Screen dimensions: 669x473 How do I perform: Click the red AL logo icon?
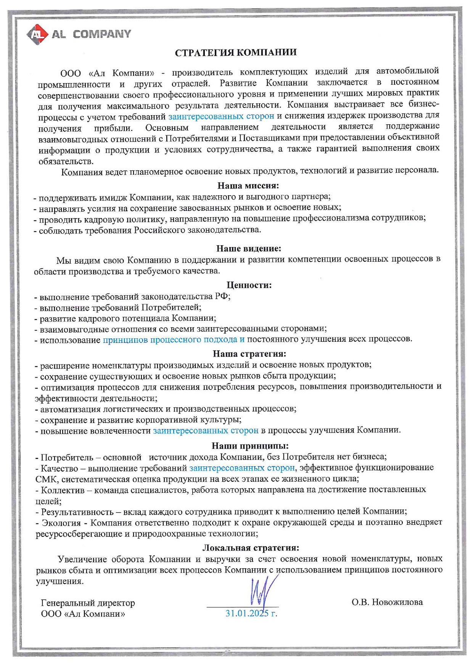[x=37, y=34]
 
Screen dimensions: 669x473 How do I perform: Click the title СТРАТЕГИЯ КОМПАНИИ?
[x=236, y=53]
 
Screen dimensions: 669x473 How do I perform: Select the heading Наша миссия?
[x=248, y=186]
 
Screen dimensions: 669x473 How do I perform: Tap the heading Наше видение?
[x=249, y=249]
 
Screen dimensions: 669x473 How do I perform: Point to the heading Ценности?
[x=249, y=285]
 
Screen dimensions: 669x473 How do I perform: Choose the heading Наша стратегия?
[x=249, y=354]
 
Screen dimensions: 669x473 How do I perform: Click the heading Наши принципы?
[x=250, y=445]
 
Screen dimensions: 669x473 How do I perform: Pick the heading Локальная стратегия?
[x=250, y=548]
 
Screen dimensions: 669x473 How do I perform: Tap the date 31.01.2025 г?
[x=251, y=614]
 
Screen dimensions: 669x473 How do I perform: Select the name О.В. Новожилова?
[x=387, y=602]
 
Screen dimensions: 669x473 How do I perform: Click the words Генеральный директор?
[x=88, y=603]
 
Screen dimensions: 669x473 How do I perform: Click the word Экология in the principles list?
[x=61, y=523]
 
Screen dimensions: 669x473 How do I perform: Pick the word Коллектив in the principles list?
[x=62, y=490]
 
